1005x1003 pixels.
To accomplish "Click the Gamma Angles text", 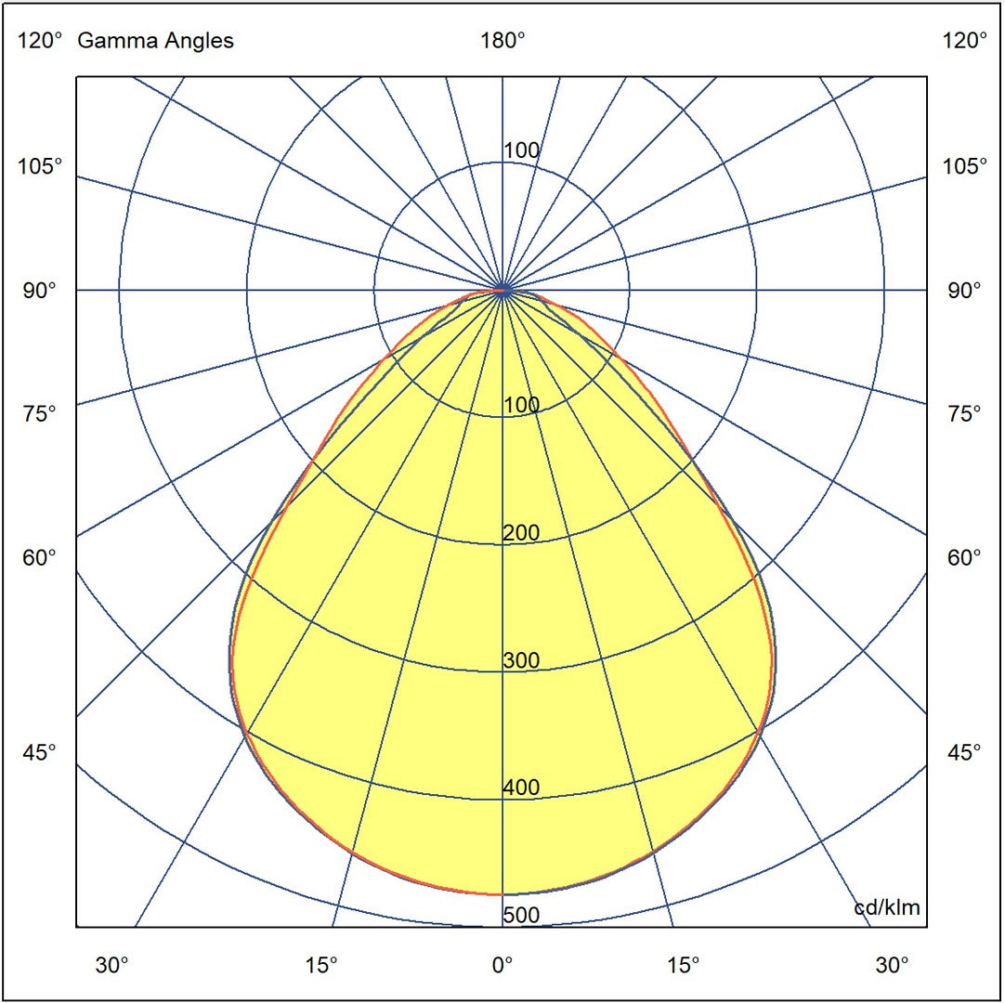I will [155, 41].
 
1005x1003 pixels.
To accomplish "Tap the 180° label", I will [502, 41].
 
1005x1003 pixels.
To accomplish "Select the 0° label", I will [502, 966].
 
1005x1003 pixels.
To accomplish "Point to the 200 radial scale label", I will [521, 533].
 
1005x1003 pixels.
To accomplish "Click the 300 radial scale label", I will [521, 661].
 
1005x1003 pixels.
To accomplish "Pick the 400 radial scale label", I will [521, 788].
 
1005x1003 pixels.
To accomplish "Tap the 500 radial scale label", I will [521, 916].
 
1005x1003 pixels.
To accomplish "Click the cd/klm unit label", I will [887, 907].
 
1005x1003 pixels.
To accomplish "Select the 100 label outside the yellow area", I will [521, 150].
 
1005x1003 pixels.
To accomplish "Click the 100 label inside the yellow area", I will [521, 405].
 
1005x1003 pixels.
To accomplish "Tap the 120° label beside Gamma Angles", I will [40, 41].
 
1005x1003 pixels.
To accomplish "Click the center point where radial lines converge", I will [502, 290].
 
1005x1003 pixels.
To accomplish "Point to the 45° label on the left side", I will [40, 752].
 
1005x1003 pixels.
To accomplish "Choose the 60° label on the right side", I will [965, 557].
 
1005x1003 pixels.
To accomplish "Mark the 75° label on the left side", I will [40, 413].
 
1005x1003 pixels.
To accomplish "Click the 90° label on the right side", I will [965, 291].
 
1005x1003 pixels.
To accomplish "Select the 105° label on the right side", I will [965, 167].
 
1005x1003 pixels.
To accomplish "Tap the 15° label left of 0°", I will [321, 966].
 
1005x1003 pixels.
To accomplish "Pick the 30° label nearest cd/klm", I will [893, 966].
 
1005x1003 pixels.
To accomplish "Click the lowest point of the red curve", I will [502, 894].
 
